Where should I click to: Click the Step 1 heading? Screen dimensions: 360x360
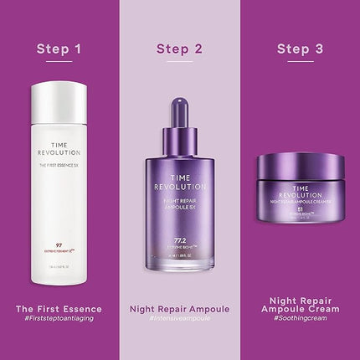point(59,49)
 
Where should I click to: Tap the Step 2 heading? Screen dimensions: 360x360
point(179,49)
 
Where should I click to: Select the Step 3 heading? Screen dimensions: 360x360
point(300,49)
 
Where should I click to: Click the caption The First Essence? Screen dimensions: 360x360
point(59,309)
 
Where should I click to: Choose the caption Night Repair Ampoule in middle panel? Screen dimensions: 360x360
point(179,309)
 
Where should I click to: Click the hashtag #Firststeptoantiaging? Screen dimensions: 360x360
point(59,319)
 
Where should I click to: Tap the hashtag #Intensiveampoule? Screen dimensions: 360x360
point(179,319)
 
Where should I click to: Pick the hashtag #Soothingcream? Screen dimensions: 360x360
point(300,320)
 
